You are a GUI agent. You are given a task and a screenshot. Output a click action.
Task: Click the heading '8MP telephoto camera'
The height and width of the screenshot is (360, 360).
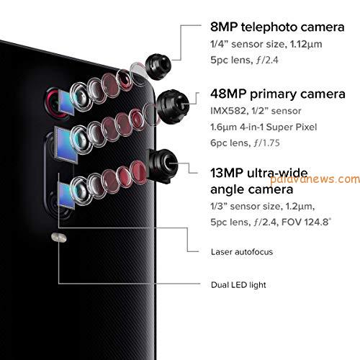pos(277,27)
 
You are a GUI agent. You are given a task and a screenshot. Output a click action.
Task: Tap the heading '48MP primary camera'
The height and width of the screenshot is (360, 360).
pos(278,94)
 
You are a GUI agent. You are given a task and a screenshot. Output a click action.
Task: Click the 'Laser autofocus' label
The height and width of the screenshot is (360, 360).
pos(242,252)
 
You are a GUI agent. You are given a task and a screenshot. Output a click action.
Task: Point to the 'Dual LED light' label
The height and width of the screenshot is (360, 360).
pos(238,285)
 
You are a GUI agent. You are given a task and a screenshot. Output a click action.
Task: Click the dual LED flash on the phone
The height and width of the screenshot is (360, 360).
pos(59,238)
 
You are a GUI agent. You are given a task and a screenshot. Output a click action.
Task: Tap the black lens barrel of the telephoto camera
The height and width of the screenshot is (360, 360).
pos(158,67)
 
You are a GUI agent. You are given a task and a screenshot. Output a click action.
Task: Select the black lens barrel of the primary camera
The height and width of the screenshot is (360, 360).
pos(172,107)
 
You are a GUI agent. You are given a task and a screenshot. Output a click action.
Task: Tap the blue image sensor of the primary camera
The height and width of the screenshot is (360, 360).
pos(66,145)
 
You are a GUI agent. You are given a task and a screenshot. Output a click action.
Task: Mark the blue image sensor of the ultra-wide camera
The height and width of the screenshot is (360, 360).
pos(66,196)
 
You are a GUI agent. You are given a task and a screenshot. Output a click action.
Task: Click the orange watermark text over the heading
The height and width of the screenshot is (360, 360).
pos(315,180)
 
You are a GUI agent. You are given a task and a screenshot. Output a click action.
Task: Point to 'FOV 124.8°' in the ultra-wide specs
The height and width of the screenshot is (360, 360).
pos(306,222)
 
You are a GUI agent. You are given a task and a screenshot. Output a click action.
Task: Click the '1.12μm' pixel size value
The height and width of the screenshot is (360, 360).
pos(306,45)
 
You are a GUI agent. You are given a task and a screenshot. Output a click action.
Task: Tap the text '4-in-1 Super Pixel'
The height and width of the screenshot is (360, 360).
pos(279,127)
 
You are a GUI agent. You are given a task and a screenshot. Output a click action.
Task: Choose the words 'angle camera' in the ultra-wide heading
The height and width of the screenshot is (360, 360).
pos(252,189)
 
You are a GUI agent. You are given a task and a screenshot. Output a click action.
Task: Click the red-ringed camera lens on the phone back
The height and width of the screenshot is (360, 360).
pos(54,103)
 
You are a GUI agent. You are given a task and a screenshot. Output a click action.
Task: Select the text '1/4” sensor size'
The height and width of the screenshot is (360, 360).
pos(248,44)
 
